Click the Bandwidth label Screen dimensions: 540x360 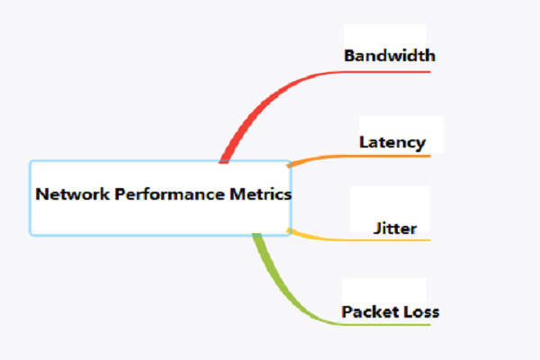coord(390,56)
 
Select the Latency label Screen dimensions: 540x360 coord(392,142)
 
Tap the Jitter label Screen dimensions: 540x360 coord(395,229)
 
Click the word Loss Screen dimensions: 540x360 coord(421,311)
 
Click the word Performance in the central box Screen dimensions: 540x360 coord(170,195)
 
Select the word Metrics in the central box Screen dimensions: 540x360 coord(261,194)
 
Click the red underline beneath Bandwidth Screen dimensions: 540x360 coord(387,72)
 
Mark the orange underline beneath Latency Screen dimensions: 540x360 coord(387,156)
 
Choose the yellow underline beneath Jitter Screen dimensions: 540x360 coord(387,239)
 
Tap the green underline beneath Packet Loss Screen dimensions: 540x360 coord(387,325)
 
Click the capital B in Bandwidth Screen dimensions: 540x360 coord(350,56)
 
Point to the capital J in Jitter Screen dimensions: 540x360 coord(378,229)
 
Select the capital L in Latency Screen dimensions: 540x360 coord(364,142)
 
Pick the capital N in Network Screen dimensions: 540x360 coord(41,194)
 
